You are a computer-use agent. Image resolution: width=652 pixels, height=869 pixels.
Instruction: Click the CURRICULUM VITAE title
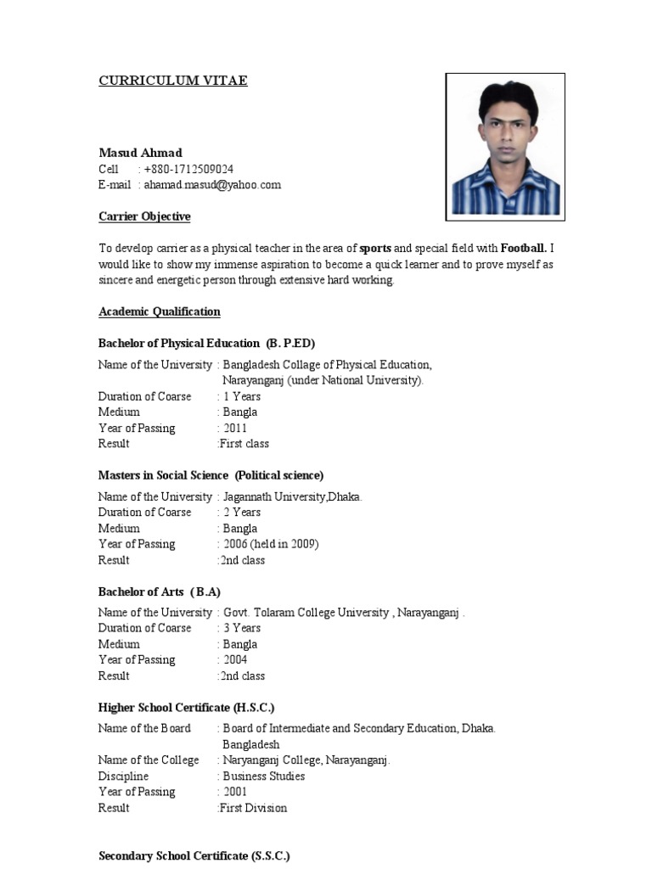click(x=173, y=81)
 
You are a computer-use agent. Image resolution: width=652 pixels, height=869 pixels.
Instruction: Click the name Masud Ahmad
click(x=140, y=153)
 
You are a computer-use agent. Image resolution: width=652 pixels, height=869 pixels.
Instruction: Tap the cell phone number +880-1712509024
click(x=188, y=169)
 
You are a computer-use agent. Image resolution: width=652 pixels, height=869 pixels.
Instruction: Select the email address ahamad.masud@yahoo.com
click(x=212, y=184)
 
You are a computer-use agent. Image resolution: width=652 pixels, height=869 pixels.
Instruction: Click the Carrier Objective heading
click(x=144, y=216)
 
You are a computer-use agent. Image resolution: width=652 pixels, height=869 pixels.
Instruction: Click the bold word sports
click(x=375, y=249)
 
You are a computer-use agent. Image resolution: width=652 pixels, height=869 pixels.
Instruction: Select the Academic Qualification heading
click(x=160, y=311)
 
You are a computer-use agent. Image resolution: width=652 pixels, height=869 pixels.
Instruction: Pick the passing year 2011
click(x=235, y=428)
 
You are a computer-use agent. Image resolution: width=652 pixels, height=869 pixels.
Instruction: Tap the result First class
click(x=244, y=444)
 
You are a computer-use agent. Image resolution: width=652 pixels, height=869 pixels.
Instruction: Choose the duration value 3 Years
click(x=241, y=628)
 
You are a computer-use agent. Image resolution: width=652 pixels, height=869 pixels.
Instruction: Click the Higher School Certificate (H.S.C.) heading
click(x=187, y=707)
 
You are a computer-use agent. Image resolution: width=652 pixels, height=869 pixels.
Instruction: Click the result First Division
click(x=253, y=808)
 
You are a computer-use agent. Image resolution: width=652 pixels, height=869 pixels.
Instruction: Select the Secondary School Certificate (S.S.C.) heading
click(x=194, y=856)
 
